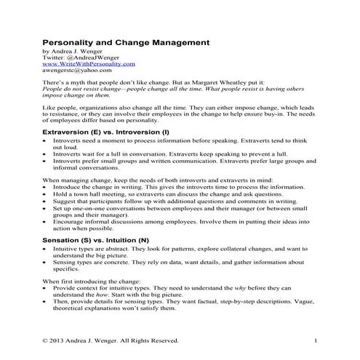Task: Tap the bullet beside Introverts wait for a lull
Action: tap(45, 154)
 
